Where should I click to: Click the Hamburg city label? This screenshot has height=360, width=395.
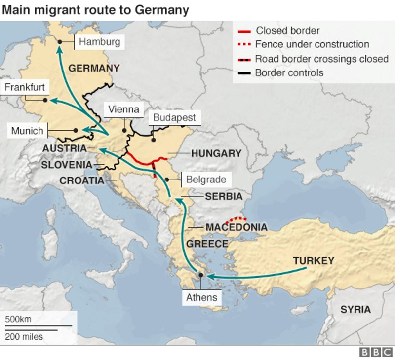pos(99,42)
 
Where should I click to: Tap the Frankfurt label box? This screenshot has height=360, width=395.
pos(25,88)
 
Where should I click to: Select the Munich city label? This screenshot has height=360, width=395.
pos(28,131)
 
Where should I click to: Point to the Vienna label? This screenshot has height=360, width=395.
pos(123,109)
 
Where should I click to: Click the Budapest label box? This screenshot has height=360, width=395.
pos(174,118)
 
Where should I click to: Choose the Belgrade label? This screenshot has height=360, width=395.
pos(206,180)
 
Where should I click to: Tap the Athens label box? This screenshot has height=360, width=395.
pos(201,297)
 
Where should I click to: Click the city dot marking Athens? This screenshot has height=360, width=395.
pos(201,275)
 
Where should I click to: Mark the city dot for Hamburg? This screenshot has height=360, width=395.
pos(60,42)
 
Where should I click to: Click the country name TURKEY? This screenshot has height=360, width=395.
pos(314,261)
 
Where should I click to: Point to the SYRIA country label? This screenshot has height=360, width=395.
pos(355,310)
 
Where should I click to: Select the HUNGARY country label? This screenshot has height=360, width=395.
pos(216,153)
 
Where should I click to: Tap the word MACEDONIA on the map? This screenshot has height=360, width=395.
pos(237,227)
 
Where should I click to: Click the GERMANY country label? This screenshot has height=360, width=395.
pos(94,68)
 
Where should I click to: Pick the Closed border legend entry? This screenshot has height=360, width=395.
pos(287,31)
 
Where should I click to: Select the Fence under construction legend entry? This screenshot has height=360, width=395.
pos(312,44)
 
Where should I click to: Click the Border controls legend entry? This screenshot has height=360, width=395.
pos(289,73)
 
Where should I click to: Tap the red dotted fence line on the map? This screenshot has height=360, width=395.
pos(236,218)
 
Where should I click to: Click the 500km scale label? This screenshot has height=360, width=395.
pos(18,319)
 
